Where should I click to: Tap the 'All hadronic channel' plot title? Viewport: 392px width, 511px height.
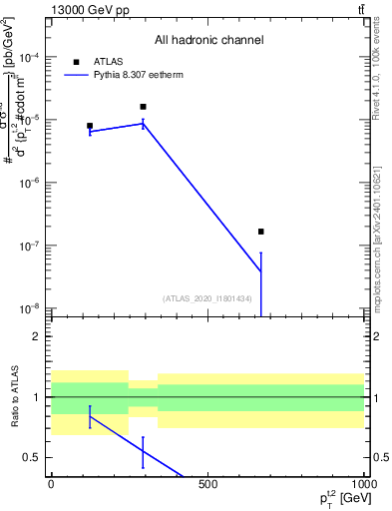[208, 41]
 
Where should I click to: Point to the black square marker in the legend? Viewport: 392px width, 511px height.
[76, 61]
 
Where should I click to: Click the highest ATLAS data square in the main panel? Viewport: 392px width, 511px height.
[144, 107]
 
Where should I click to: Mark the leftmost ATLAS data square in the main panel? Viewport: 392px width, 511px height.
[90, 127]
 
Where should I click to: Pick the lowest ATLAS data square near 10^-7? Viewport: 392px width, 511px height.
[260, 232]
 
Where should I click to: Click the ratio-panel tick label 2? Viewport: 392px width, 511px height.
[36, 336]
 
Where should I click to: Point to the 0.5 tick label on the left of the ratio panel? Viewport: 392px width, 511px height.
[31, 458]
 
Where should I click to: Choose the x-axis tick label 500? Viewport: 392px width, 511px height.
[208, 484]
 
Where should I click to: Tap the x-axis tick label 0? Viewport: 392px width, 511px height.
[51, 484]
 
